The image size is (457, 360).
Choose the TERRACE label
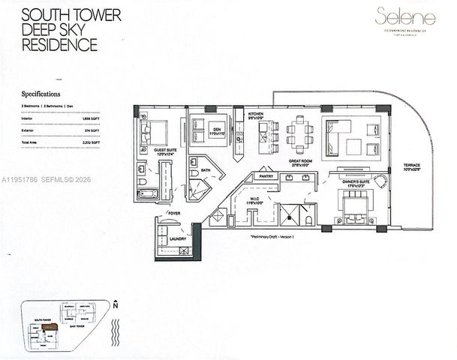pos(410,166)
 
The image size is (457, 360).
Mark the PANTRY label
pos(265,175)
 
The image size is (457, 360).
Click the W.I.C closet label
pos(251,199)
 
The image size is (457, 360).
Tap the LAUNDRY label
pos(178,238)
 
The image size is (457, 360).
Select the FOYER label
pos(174,214)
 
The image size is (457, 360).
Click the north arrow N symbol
pos(115,306)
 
